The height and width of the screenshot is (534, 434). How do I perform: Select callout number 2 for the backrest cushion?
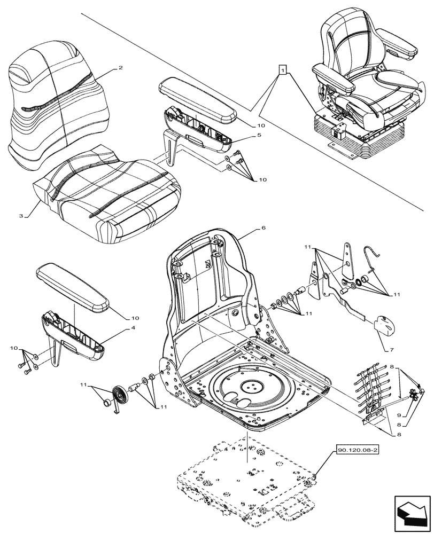coord(121,68)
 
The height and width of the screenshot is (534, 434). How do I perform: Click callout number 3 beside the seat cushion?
coord(21,216)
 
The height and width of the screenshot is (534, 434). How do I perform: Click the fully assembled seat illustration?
coord(363,85)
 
